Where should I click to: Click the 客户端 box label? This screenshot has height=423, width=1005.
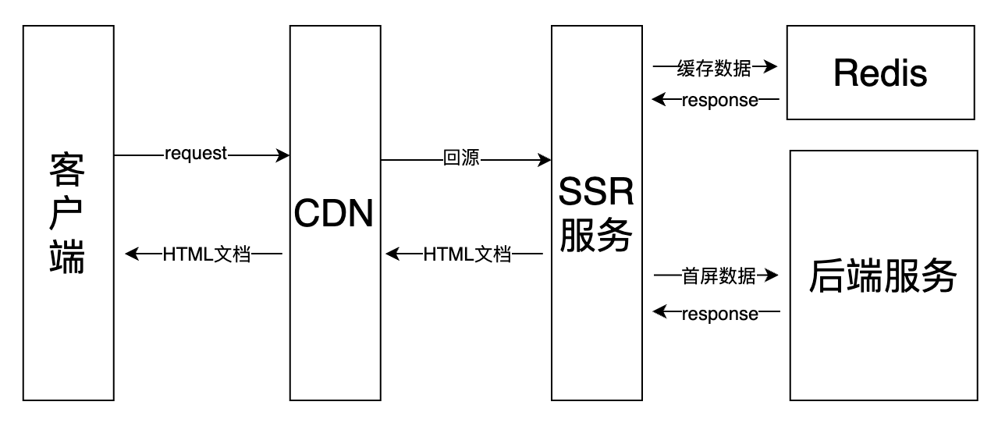tap(67, 212)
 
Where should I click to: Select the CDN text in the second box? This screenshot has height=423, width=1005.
tap(335, 213)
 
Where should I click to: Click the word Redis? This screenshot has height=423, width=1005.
tap(880, 73)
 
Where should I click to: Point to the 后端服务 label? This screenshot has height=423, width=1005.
tap(883, 275)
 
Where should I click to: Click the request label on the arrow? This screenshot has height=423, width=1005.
tap(196, 154)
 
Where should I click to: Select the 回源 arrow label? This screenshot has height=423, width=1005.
tap(461, 160)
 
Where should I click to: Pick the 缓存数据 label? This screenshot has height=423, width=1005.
tap(714, 68)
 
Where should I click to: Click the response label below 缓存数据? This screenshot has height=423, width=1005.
tap(719, 100)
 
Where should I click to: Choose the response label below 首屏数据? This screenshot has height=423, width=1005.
tap(719, 313)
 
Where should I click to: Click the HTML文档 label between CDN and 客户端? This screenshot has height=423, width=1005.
tap(207, 254)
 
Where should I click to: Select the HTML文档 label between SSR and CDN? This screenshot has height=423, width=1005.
tap(467, 254)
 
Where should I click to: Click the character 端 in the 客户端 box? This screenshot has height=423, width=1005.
tap(67, 256)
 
